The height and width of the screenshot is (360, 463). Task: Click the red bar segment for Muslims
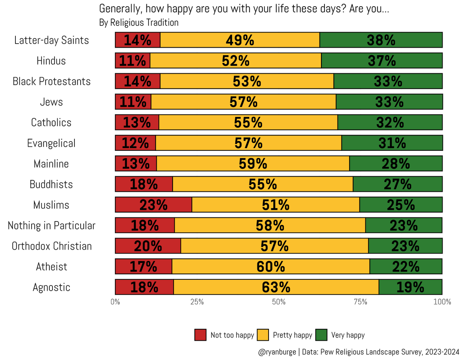[x=154, y=205]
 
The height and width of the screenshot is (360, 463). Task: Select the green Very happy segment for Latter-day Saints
[x=381, y=40]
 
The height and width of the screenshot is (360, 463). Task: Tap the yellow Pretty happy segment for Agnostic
[x=276, y=287]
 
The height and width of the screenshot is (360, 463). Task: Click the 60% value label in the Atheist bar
[x=271, y=266]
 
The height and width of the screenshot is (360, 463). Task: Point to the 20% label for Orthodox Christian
[x=148, y=246]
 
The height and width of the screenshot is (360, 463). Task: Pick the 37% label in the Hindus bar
[x=382, y=61]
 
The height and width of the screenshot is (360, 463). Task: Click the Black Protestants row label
[x=52, y=81]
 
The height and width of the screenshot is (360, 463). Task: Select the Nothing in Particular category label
[x=51, y=225]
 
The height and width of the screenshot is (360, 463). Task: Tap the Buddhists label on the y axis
[x=51, y=184]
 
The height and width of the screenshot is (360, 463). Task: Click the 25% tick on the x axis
[x=197, y=302]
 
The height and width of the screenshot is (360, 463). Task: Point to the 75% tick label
[x=360, y=302]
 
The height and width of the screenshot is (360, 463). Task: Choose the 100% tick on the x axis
[x=442, y=302]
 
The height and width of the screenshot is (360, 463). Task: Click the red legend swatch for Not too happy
[x=200, y=335]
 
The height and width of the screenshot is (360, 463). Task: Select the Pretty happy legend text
[x=292, y=335]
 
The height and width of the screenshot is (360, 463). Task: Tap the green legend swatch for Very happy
[x=321, y=335]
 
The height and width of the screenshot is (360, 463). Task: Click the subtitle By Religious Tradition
[x=139, y=23]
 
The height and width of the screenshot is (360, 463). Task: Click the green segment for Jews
[x=389, y=102]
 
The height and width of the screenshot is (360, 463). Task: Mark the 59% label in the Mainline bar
[x=253, y=164]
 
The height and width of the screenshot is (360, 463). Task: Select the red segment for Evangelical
[x=135, y=143]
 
